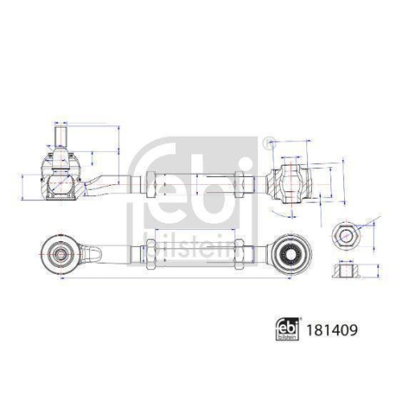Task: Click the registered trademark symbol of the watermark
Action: click(x=266, y=143)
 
